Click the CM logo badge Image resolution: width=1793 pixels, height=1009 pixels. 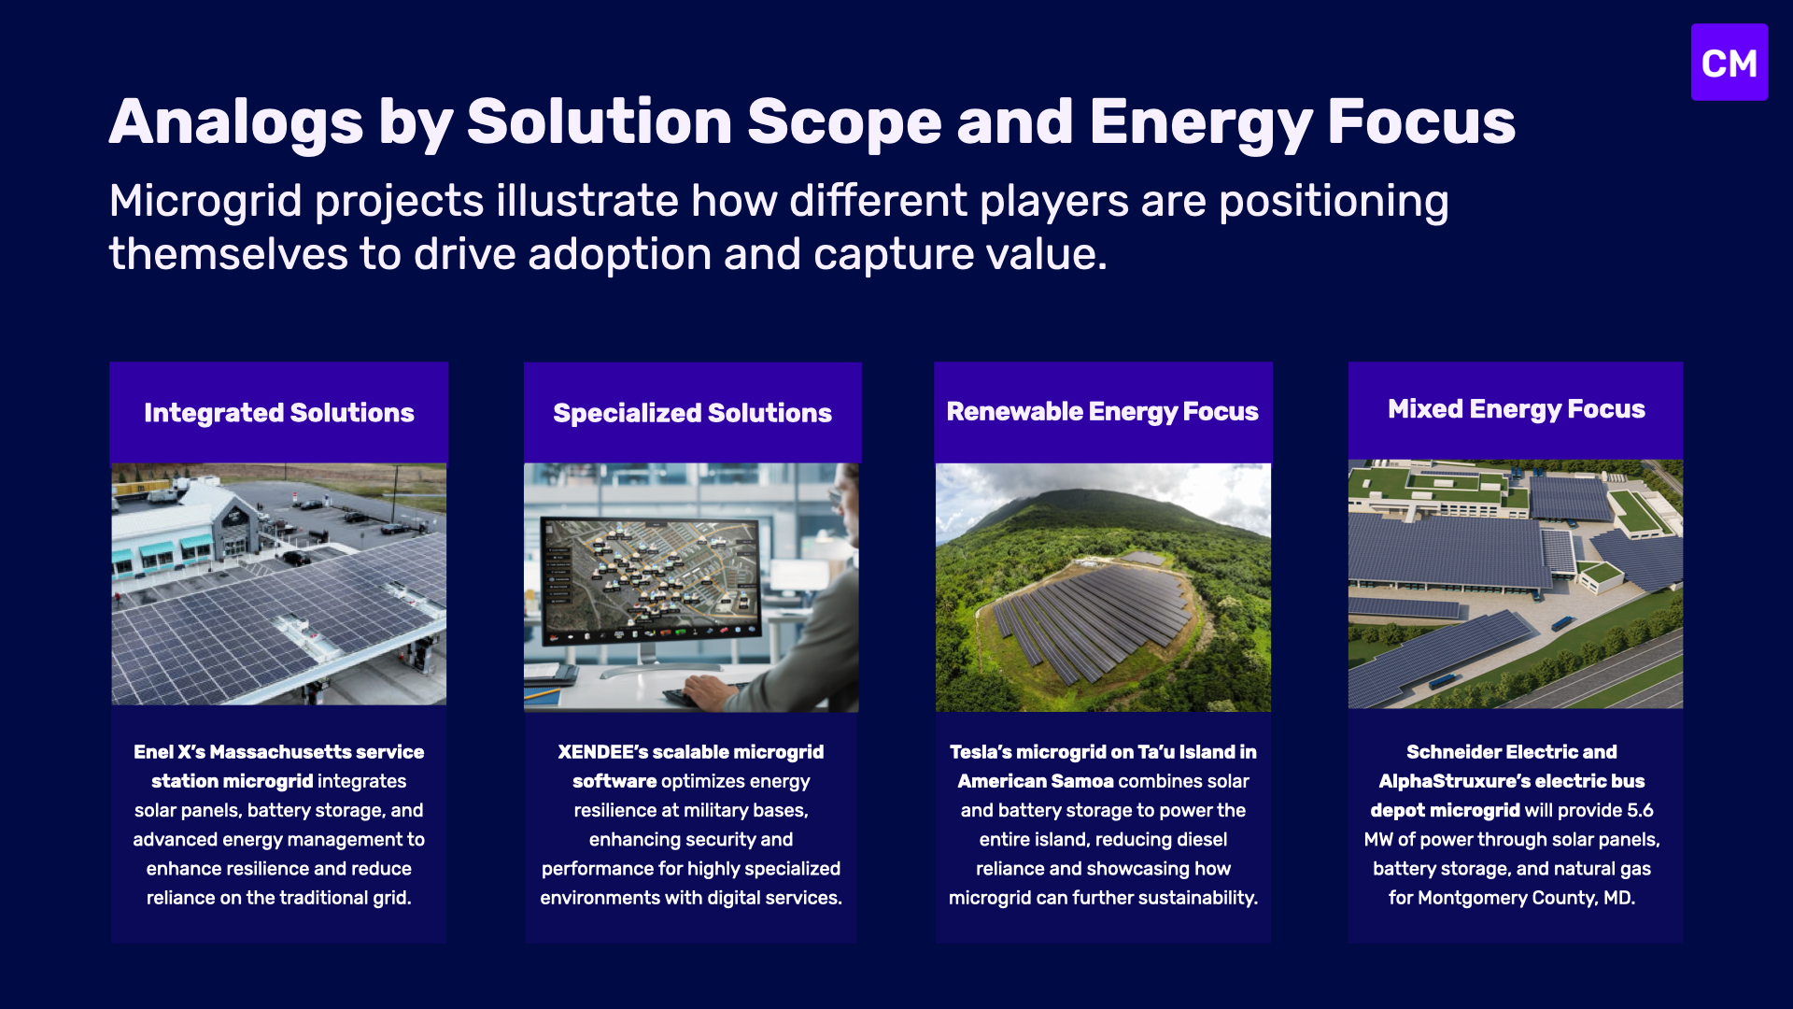[x=1729, y=63]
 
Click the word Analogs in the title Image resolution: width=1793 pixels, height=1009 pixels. [x=236, y=122]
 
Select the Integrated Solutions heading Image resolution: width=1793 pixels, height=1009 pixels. [x=279, y=413]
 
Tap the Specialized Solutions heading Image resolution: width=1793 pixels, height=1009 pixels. [x=692, y=413]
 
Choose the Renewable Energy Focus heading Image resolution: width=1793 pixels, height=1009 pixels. [x=1103, y=411]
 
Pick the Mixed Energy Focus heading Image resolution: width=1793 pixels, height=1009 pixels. [x=1517, y=409]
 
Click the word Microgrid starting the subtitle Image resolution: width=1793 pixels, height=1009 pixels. [x=205, y=201]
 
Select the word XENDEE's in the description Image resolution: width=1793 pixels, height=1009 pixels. [x=602, y=752]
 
